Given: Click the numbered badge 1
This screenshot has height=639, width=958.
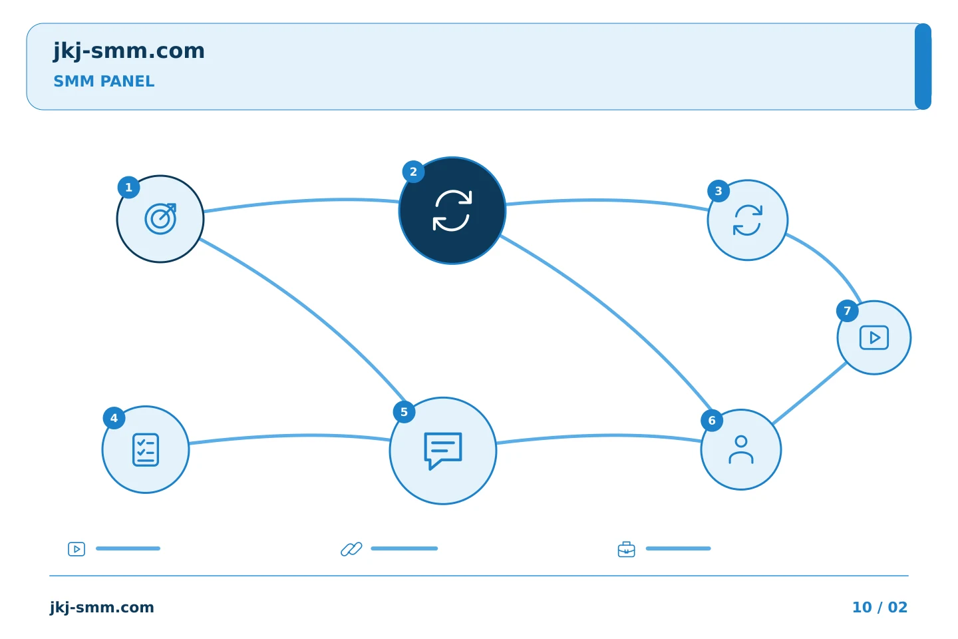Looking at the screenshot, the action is tap(129, 188).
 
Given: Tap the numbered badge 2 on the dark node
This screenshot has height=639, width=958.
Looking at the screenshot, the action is tap(413, 172).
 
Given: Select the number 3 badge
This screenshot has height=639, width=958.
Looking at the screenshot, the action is tap(718, 191).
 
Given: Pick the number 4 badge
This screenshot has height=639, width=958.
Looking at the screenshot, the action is tap(114, 418).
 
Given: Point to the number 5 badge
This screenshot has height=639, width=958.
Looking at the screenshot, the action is tap(404, 412).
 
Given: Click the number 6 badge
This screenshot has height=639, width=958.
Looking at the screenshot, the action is tap(712, 421).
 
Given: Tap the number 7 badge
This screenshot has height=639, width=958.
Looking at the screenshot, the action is tap(848, 311).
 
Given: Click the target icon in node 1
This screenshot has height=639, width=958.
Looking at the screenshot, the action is tap(160, 219).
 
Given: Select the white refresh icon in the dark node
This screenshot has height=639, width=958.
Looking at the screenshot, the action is tap(452, 210).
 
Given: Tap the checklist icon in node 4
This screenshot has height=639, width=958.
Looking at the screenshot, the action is tap(146, 450).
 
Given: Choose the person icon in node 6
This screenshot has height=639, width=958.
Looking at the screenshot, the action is tap(741, 449).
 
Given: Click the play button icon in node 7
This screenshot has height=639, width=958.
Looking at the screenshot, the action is tap(874, 337).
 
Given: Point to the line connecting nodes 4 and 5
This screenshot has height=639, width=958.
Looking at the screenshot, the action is tap(289, 436).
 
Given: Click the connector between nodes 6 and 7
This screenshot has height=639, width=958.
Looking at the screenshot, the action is tap(810, 393).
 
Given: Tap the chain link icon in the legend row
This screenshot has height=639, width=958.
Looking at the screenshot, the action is tap(351, 549).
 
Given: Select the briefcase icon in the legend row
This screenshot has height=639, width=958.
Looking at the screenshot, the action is tap(627, 550).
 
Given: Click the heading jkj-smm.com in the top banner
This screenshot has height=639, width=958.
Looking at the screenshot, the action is tap(129, 51).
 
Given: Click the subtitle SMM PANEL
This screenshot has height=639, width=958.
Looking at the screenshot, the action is tap(104, 81).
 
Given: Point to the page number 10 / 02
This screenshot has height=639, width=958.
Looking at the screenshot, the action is tap(879, 607).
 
